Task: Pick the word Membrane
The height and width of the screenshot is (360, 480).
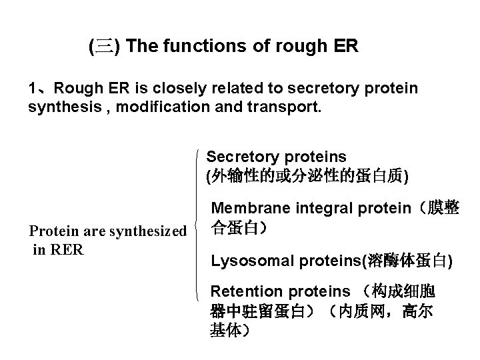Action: [245, 209]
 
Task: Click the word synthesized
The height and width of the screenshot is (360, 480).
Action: [147, 231]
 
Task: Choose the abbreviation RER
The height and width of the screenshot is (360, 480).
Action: [67, 250]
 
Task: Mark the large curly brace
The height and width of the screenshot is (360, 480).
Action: [201, 223]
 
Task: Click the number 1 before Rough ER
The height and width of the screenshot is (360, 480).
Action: [32, 89]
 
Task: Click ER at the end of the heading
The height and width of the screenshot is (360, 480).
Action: [347, 47]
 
